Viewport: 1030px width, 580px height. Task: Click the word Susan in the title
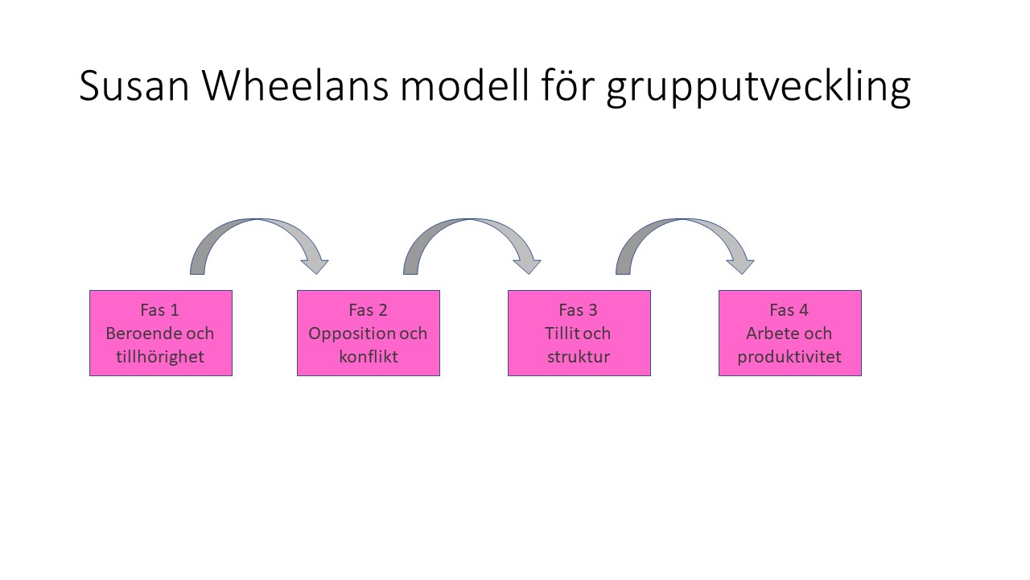click(x=134, y=85)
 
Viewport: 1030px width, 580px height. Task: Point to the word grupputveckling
click(x=758, y=88)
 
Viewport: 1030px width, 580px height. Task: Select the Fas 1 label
click(x=159, y=310)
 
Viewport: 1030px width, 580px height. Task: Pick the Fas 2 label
click(x=368, y=310)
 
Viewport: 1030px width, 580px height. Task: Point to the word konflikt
click(x=369, y=357)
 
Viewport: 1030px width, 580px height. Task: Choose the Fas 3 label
click(x=578, y=310)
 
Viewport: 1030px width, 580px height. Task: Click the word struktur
click(x=579, y=357)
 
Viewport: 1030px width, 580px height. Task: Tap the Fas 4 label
click(x=789, y=310)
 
